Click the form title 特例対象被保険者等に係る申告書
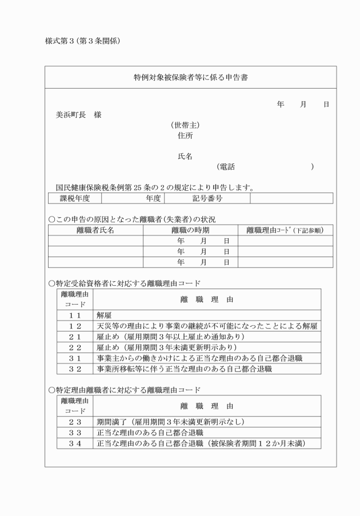190,77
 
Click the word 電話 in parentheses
227,167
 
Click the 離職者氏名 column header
95,230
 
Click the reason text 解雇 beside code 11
103,315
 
